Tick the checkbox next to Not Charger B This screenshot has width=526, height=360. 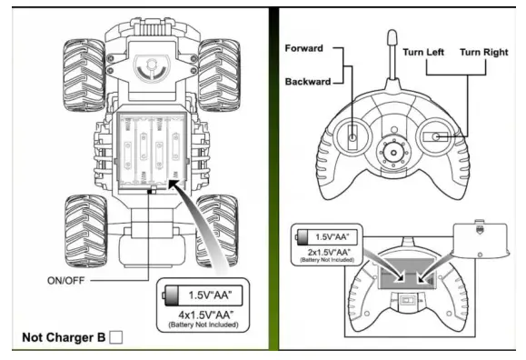pyautogui.click(x=115, y=339)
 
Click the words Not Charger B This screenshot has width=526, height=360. pyautogui.click(x=63, y=339)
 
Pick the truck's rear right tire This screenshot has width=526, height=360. pyautogui.click(x=218, y=225)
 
